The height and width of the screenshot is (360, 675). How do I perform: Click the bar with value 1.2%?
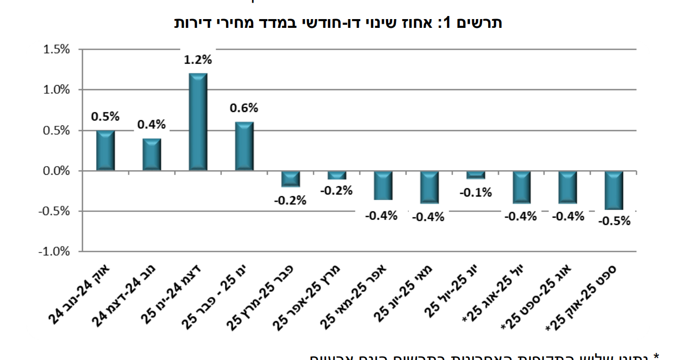[x=198, y=122]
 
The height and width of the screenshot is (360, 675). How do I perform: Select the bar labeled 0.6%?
[x=244, y=146]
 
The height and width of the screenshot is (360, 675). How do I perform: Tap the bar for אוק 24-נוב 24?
[x=105, y=150]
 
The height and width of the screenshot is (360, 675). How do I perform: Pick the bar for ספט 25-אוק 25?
[x=614, y=190]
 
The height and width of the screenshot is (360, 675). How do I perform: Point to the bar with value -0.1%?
[x=475, y=175]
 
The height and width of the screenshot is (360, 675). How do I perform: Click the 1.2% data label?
[x=198, y=60]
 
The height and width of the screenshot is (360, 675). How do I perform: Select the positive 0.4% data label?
[x=151, y=124]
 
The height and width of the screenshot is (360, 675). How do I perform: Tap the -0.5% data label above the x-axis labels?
[x=614, y=221]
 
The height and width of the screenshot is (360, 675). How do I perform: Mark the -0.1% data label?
[x=475, y=193]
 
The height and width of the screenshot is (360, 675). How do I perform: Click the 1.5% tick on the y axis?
[x=57, y=50]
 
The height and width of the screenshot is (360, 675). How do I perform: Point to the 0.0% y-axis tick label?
[x=57, y=171]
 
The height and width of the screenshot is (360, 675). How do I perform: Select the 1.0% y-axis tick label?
[x=57, y=90]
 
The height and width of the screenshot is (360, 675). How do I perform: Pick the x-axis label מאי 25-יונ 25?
[x=403, y=296]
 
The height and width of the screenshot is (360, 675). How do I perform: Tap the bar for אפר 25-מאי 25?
[x=383, y=185]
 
